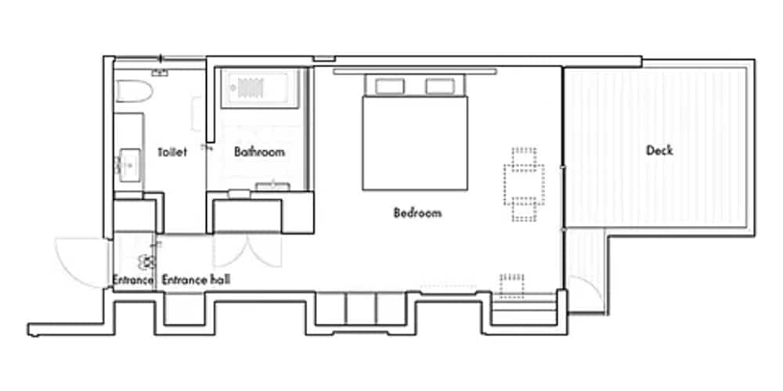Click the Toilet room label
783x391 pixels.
coord(172,152)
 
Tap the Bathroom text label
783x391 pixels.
coord(259,152)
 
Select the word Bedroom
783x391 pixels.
coord(417,213)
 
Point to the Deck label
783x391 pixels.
coord(659,150)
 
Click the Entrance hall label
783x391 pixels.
coord(196,279)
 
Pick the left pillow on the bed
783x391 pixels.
coord(389,86)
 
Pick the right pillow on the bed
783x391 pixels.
coord(440,86)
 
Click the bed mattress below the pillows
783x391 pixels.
coord(415,145)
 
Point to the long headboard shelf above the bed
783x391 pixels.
coord(415,71)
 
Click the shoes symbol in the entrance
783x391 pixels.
coord(146,262)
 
